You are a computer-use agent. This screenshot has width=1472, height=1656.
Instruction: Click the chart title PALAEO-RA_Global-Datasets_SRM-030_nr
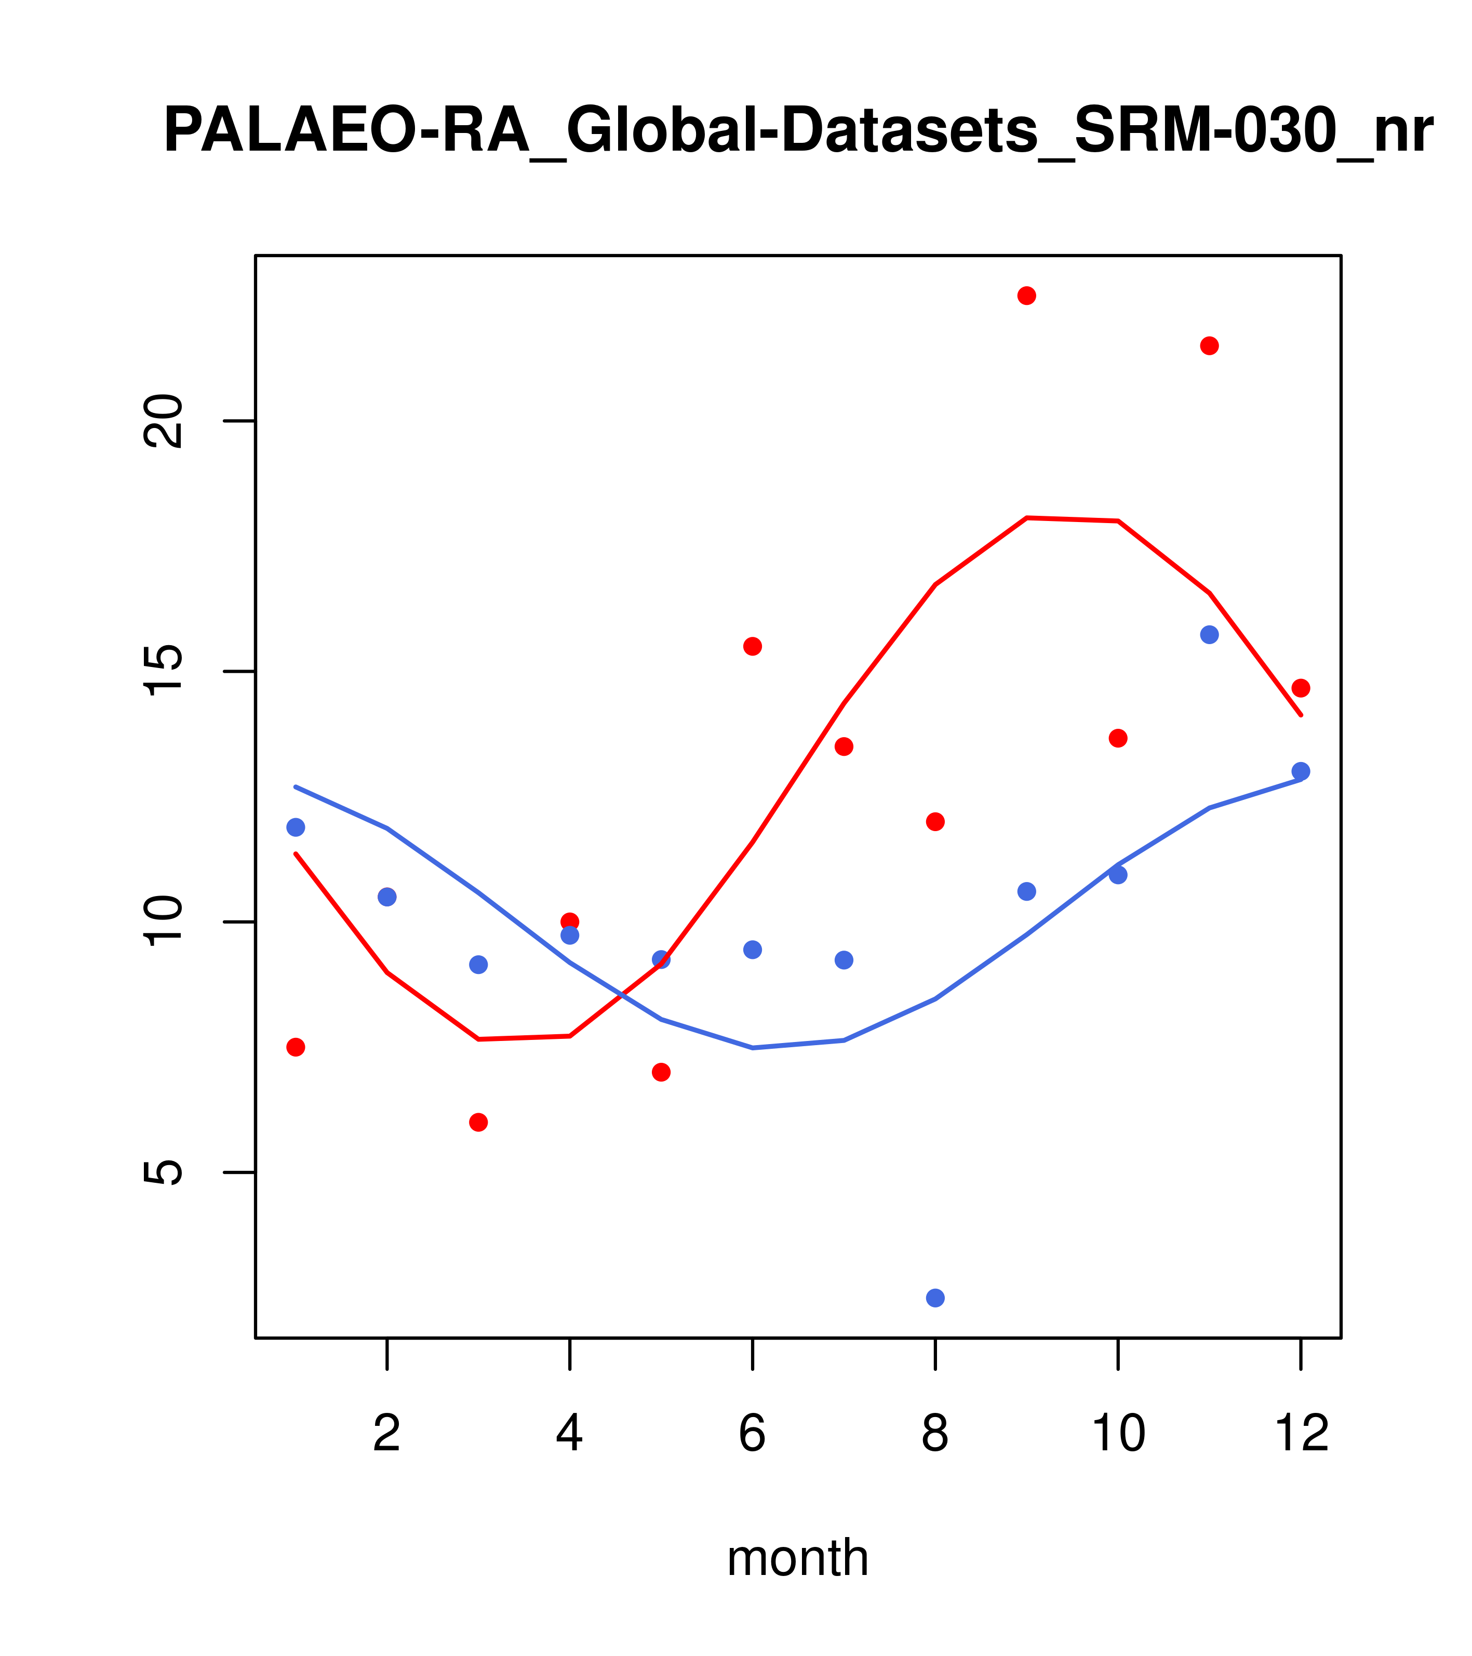[x=798, y=131]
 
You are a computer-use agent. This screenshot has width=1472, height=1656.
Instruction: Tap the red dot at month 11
[x=1210, y=346]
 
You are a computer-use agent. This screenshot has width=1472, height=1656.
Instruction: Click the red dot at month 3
[x=479, y=1122]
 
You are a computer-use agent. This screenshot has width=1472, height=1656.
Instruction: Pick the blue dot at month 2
[x=387, y=897]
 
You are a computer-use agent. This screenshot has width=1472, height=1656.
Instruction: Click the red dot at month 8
[x=935, y=822]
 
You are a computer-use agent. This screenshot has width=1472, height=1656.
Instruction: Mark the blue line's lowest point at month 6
[x=753, y=1048]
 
